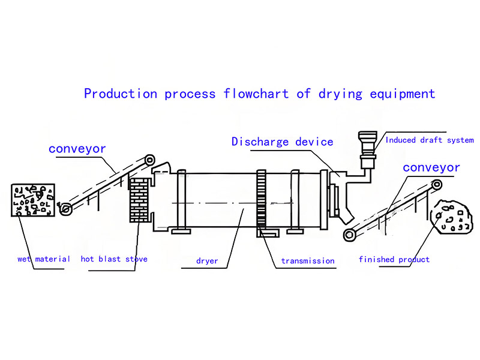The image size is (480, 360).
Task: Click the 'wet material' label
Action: (44, 259)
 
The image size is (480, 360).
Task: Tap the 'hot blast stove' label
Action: (114, 259)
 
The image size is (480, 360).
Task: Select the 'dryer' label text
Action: (207, 261)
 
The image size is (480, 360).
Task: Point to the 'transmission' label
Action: (308, 261)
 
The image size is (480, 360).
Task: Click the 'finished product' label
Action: (394, 259)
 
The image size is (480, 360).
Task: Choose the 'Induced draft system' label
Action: (430, 140)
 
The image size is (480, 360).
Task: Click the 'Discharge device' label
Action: (282, 142)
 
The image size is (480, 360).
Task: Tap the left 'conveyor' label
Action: (77, 148)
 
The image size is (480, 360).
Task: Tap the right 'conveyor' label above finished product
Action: (431, 167)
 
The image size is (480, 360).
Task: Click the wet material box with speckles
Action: (33, 200)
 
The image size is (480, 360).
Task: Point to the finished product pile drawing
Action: (451, 217)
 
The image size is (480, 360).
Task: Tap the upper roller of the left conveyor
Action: (149, 160)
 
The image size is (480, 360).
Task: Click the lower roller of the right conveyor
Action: (348, 235)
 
